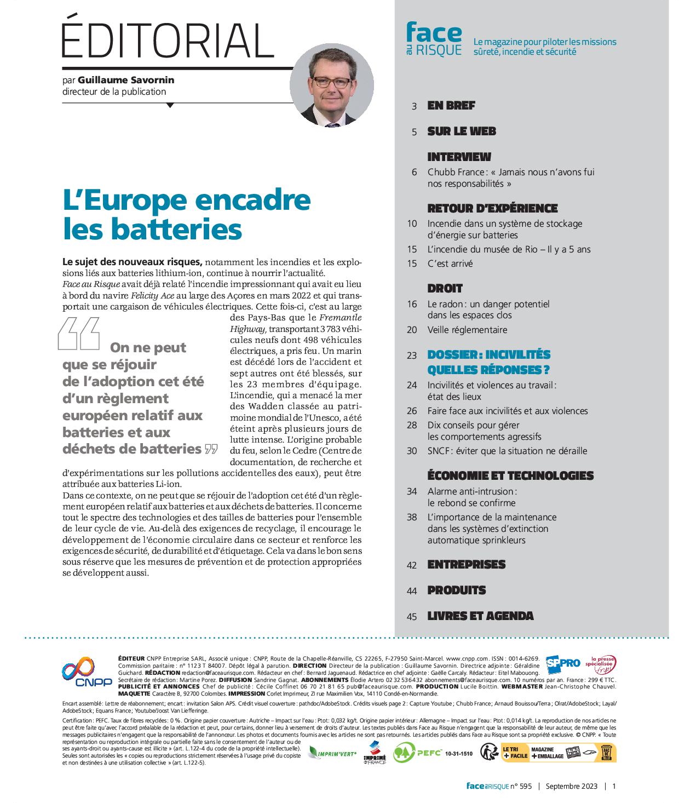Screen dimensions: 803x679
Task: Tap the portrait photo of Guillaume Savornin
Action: tap(332, 85)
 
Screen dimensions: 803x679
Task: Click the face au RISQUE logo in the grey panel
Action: tap(434, 39)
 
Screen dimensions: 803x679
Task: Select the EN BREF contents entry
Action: tap(451, 106)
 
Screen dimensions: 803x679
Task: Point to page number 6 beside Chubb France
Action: tap(415, 172)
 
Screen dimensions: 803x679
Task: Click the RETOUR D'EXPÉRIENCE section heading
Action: tap(492, 208)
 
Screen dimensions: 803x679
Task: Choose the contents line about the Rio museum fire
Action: tap(509, 249)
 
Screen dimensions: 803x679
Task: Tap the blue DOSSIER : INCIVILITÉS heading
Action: tap(488, 354)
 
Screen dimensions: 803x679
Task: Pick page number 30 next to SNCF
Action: tap(412, 451)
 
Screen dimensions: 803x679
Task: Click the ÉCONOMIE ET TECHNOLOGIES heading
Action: tap(510, 475)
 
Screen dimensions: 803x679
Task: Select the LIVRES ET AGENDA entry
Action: tap(480, 616)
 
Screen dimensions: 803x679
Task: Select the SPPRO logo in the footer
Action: tap(562, 663)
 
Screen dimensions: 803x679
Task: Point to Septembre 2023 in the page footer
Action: tap(571, 786)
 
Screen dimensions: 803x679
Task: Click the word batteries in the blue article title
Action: tap(177, 229)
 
